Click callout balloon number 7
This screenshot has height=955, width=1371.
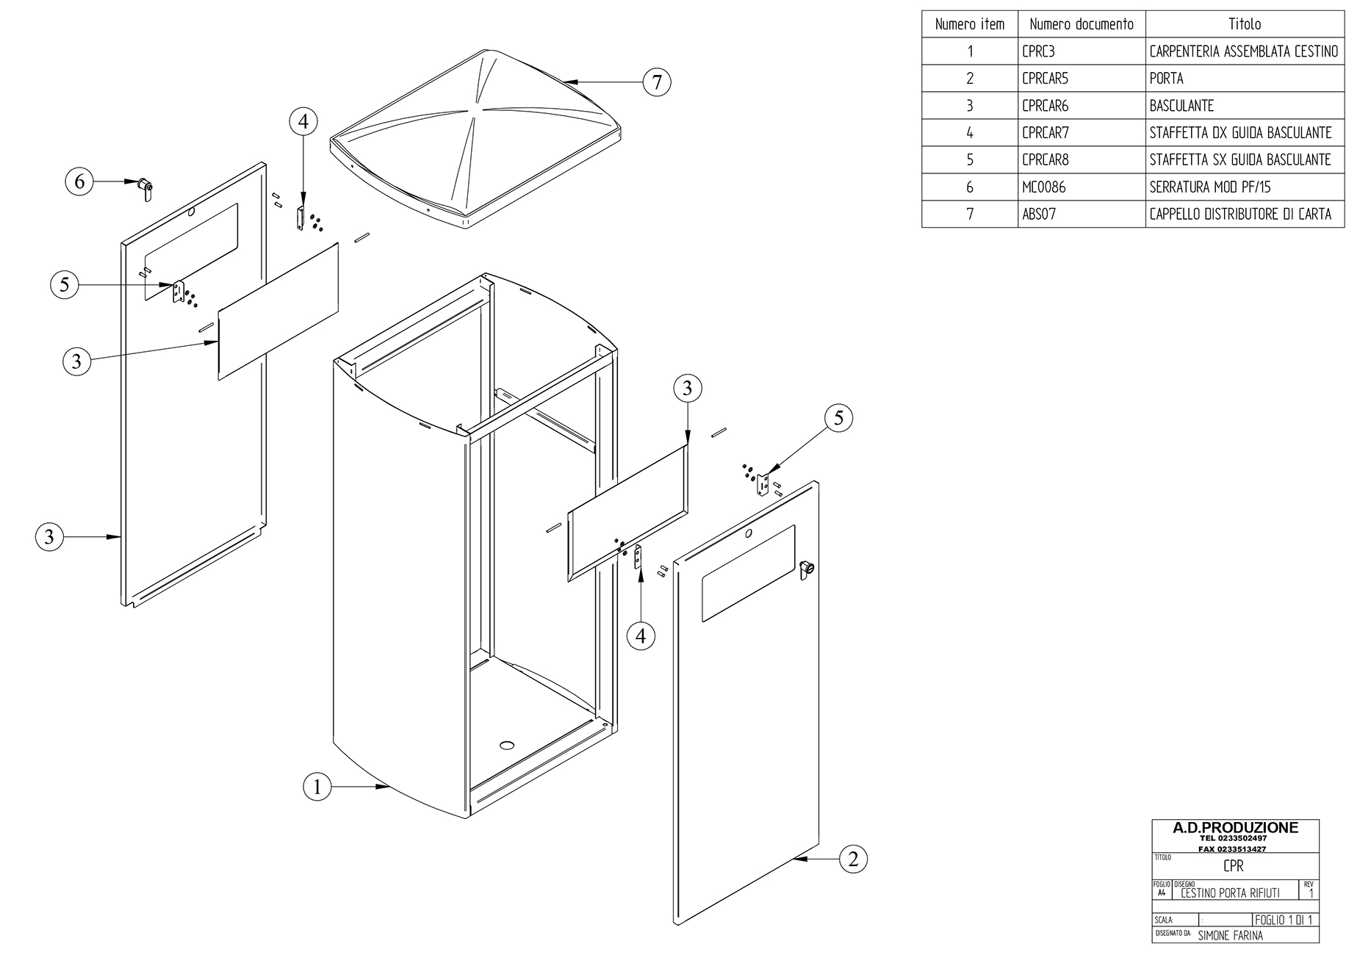(657, 82)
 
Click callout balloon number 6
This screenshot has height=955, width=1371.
(80, 181)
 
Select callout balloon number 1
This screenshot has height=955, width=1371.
(317, 788)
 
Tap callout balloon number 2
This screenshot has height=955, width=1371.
(852, 859)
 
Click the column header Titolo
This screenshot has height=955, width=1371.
(1244, 24)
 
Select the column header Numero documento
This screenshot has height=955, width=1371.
(1081, 24)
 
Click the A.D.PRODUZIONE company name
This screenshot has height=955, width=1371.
(1235, 828)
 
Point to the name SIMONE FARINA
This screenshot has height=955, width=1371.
(1230, 935)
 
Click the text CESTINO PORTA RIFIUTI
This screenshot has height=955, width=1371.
(1230, 893)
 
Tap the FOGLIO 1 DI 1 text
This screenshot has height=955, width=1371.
(1284, 920)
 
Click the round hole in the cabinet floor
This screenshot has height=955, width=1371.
(506, 745)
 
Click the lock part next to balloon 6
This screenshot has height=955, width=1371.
(145, 188)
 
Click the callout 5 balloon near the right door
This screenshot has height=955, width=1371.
(838, 418)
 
